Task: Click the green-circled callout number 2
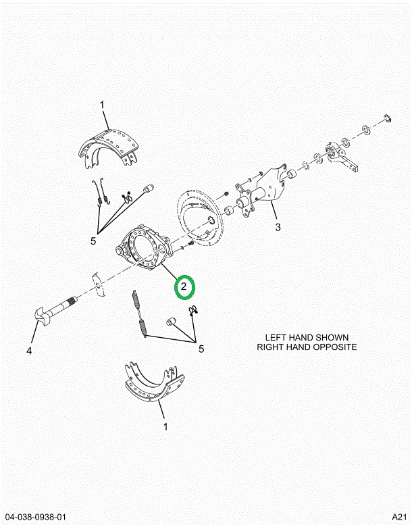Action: pyautogui.click(x=184, y=286)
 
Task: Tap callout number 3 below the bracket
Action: pyautogui.click(x=278, y=227)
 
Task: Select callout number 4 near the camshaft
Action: pyautogui.click(x=29, y=351)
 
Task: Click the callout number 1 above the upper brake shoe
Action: pyautogui.click(x=102, y=105)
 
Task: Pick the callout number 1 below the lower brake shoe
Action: pyautogui.click(x=165, y=427)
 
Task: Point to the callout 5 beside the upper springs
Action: pyautogui.click(x=93, y=241)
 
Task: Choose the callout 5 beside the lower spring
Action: pyautogui.click(x=201, y=349)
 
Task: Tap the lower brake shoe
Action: pyautogui.click(x=154, y=382)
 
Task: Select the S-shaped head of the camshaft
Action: pyautogui.click(x=42, y=315)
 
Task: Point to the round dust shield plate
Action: pyautogui.click(x=199, y=218)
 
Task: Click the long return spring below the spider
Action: pyautogui.click(x=139, y=314)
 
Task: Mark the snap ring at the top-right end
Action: pyautogui.click(x=388, y=118)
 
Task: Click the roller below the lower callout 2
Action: pyautogui.click(x=172, y=322)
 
